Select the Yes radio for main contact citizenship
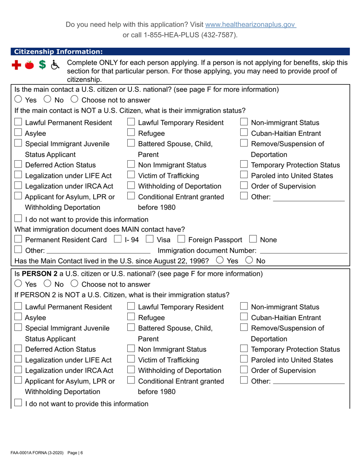(x=18, y=100)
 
